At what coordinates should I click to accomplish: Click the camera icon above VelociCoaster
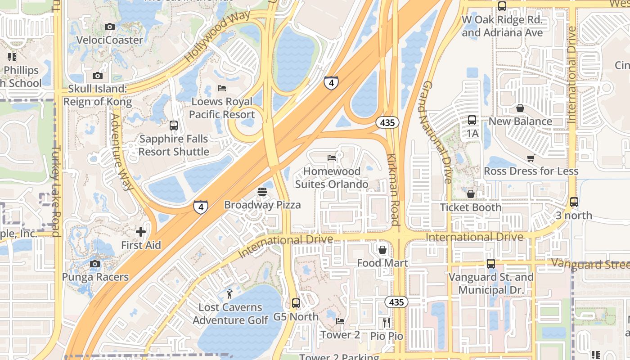click(109, 27)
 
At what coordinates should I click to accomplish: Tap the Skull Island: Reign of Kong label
click(97, 95)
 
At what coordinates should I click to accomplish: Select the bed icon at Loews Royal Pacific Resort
click(221, 88)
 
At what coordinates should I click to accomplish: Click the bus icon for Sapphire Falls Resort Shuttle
click(174, 126)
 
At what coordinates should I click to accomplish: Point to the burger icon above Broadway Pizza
click(262, 192)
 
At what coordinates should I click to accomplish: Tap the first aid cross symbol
click(141, 232)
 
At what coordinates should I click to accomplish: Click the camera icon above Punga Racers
click(95, 264)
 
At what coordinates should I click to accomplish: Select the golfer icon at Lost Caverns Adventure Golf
click(230, 294)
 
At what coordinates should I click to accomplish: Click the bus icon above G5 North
click(296, 303)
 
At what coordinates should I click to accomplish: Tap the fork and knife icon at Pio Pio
click(386, 323)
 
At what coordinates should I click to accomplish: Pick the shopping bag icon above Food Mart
click(382, 249)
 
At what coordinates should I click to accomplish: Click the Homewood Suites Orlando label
click(332, 178)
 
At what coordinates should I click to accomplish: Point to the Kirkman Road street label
click(393, 189)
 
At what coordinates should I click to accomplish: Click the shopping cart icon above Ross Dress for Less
click(531, 158)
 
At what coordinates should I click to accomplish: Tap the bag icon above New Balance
click(520, 108)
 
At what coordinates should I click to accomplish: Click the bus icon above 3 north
click(574, 202)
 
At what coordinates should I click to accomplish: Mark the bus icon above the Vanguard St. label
click(490, 264)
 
